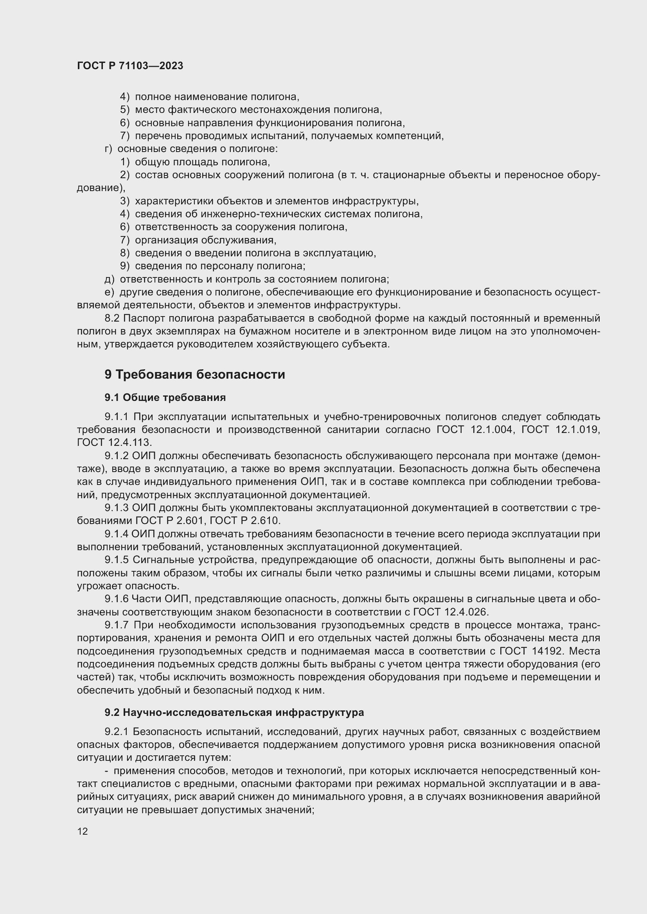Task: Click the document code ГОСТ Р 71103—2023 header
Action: pos(130,66)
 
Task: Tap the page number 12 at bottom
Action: pos(83,831)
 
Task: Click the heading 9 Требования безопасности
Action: pos(194,375)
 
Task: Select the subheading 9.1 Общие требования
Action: pos(165,397)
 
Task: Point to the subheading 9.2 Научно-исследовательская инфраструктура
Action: pos(234,712)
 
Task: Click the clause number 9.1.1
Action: pos(116,417)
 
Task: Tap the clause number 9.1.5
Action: pos(116,560)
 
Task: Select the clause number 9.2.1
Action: pos(116,732)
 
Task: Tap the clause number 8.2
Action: pos(112,318)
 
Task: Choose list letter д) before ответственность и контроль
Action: pos(109,279)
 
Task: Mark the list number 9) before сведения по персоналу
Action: pos(125,266)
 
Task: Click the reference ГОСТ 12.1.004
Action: pos(474,429)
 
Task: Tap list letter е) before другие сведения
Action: pos(109,292)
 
